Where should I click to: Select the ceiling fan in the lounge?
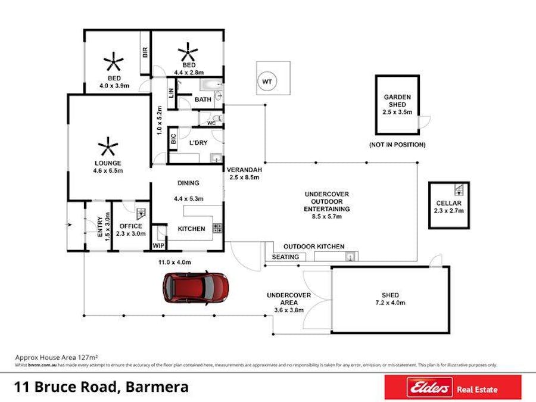tap(107, 147)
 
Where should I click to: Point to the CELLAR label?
tap(449, 203)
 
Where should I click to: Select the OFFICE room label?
tap(130, 226)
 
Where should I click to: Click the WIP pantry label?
tap(158, 245)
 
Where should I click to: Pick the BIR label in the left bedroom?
tap(145, 52)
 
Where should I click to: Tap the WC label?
tap(211, 123)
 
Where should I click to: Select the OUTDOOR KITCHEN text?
tap(313, 246)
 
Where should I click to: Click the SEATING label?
tap(285, 257)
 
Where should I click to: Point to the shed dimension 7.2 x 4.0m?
tap(390, 303)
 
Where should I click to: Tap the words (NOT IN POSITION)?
tap(397, 145)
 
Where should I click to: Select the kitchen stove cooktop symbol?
tap(217, 228)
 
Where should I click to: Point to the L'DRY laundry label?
tap(198, 144)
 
